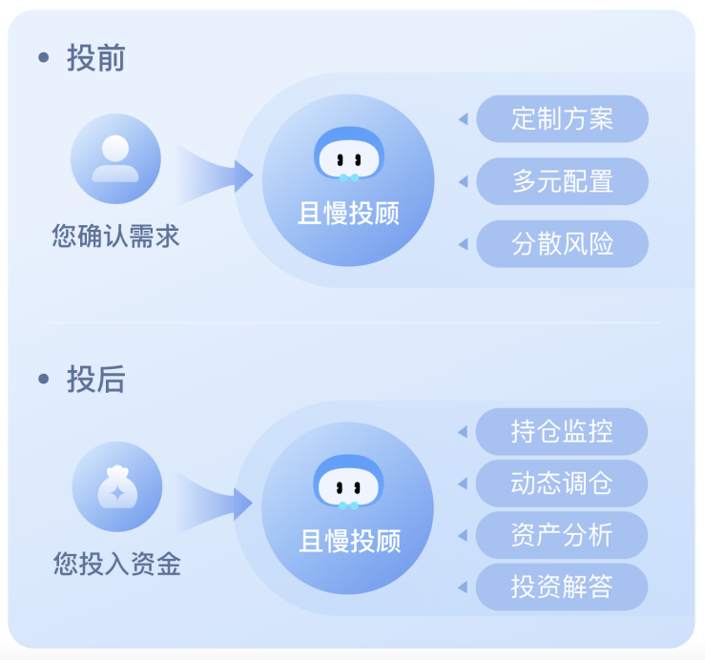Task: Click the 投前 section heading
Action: click(95, 58)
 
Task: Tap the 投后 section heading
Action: click(95, 380)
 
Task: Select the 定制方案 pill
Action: click(562, 119)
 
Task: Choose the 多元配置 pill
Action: click(562, 181)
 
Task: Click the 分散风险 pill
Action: click(562, 244)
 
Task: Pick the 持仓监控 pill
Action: click(561, 432)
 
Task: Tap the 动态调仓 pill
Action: click(561, 484)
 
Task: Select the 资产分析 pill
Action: click(561, 535)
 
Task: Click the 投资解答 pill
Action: click(561, 587)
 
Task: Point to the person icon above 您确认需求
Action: click(115, 158)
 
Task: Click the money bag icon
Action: click(116, 486)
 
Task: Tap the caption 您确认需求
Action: click(115, 236)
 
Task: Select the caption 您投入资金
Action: click(116, 565)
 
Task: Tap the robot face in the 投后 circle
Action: click(348, 483)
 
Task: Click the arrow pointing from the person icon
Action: click(216, 175)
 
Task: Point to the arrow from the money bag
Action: click(216, 503)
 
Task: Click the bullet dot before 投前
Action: click(43, 58)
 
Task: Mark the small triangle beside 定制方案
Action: click(463, 119)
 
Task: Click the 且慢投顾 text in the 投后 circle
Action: click(349, 542)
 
